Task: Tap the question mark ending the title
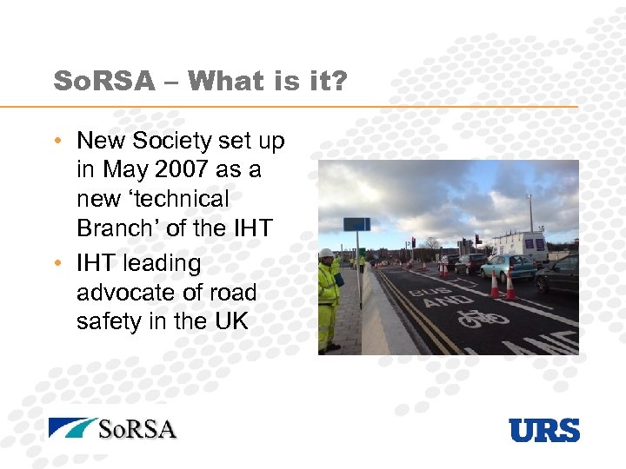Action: [x=339, y=82]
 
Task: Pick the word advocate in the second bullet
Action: [x=132, y=292]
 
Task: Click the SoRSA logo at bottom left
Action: [x=113, y=428]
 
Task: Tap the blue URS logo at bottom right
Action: [x=544, y=429]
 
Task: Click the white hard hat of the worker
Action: [x=326, y=254]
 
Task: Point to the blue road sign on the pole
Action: [x=356, y=224]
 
